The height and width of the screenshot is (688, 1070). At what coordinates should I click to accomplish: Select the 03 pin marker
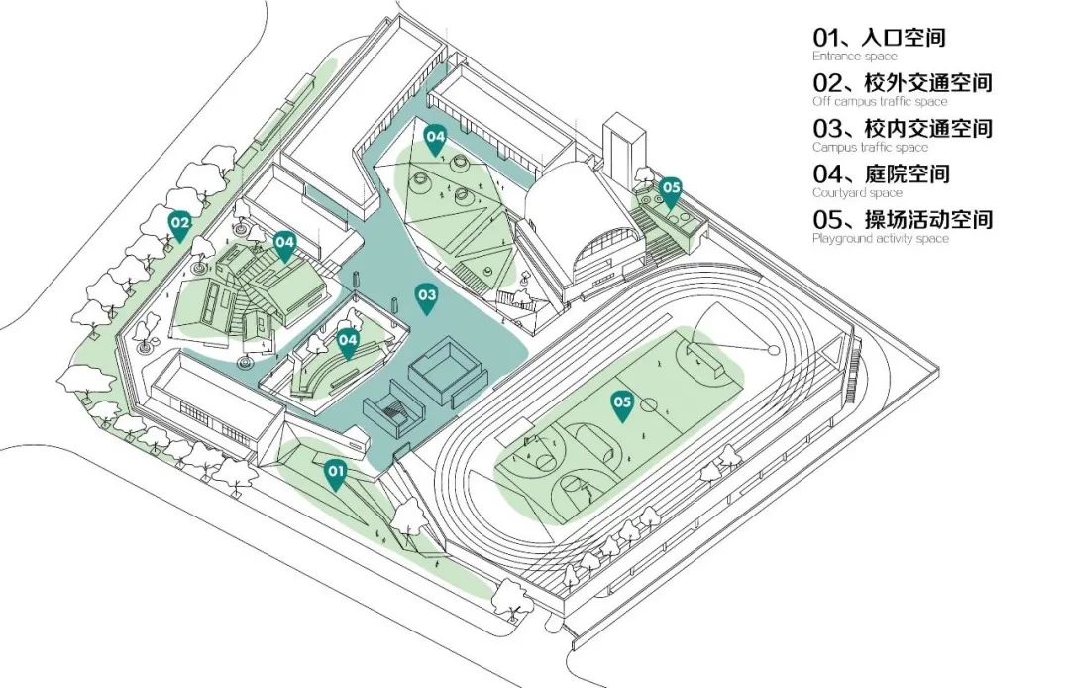(x=426, y=297)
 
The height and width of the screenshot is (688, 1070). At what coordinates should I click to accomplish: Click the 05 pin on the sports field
(x=622, y=404)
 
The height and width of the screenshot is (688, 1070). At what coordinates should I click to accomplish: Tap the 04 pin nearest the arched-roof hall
(x=435, y=138)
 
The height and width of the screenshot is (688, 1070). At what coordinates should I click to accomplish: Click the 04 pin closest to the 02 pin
(x=284, y=244)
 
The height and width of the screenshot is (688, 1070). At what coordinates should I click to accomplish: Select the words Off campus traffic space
(x=880, y=102)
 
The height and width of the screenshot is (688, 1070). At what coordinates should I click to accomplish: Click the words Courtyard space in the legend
(x=857, y=193)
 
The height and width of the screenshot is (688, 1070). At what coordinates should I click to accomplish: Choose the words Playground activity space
(x=880, y=239)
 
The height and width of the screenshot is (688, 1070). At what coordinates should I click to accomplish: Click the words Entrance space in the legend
(x=854, y=57)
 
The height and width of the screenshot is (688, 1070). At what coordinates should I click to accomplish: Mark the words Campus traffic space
(x=870, y=148)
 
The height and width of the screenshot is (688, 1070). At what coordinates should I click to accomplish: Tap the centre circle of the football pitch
(x=649, y=404)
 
